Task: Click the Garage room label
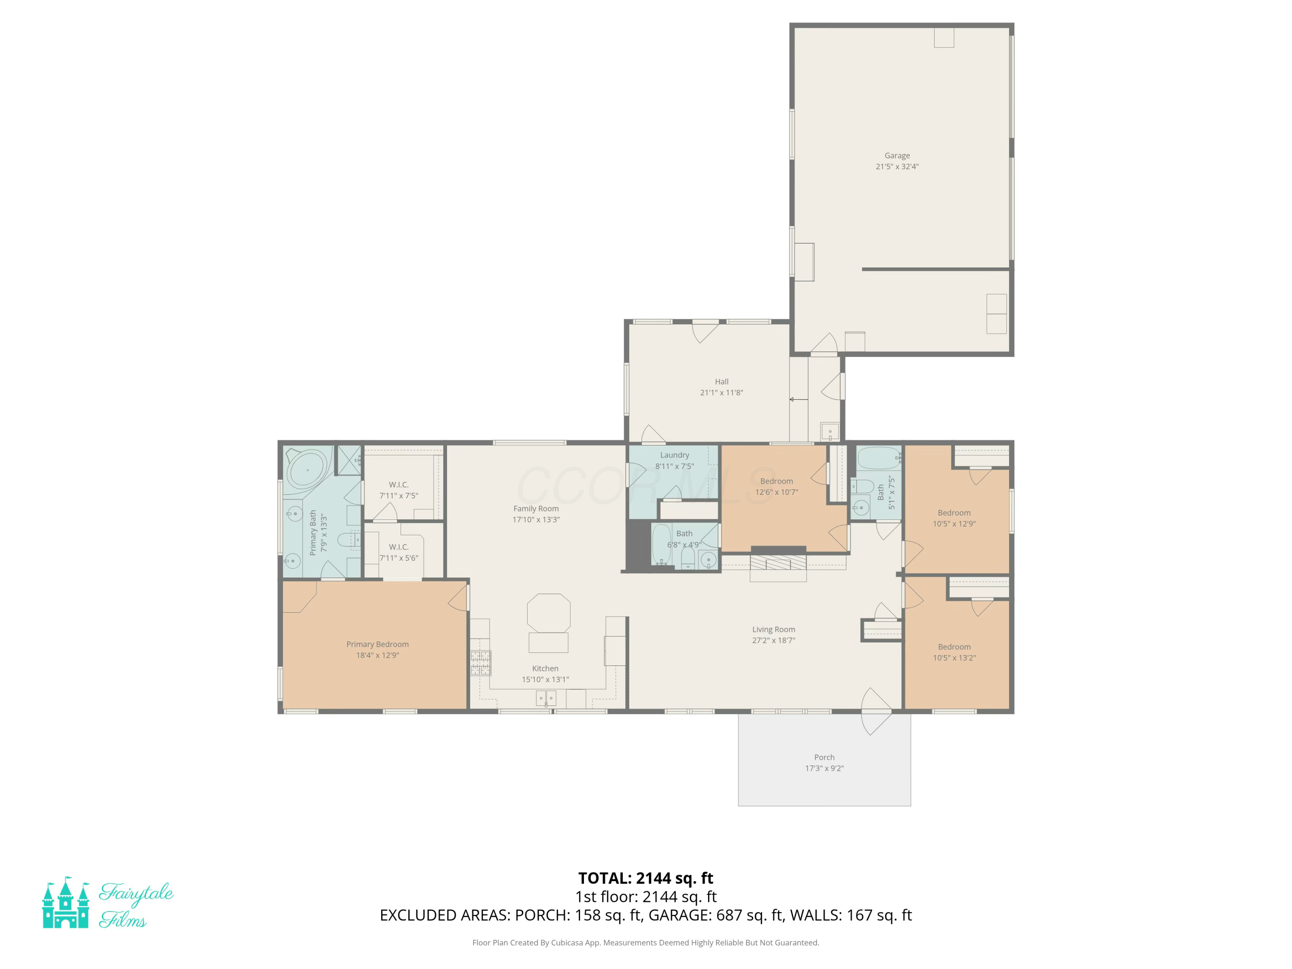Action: click(897, 155)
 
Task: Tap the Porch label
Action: click(824, 757)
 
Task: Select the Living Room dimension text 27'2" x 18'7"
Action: click(773, 640)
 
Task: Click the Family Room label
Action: click(536, 509)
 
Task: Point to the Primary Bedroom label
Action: click(377, 644)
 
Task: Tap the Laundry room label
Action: click(674, 455)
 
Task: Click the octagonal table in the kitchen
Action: click(549, 613)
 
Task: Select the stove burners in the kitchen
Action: click(481, 663)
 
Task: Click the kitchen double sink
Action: click(546, 698)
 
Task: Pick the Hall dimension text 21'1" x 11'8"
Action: click(721, 392)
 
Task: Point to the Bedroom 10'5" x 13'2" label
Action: click(954, 652)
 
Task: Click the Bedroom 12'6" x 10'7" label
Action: click(776, 487)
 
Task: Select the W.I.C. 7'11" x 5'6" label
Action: click(398, 553)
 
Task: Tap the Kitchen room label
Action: click(545, 668)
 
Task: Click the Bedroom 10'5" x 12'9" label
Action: click(954, 518)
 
